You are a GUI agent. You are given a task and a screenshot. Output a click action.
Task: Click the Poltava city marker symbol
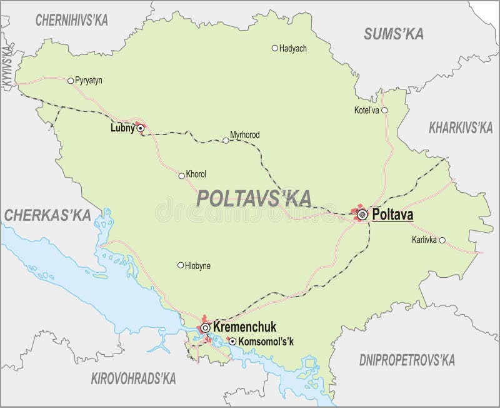(x=362, y=215)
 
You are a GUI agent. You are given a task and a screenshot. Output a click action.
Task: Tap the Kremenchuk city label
(x=244, y=327)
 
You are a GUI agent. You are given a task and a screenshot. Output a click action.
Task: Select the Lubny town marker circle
(x=141, y=128)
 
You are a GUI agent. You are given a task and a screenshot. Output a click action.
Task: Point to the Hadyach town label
(x=293, y=48)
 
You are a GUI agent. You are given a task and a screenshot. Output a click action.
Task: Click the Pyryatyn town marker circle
(x=70, y=80)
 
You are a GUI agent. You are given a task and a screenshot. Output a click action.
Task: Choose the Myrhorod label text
(x=245, y=135)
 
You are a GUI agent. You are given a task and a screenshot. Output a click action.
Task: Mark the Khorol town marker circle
(x=181, y=175)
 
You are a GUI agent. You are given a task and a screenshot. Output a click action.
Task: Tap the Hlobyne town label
(x=198, y=265)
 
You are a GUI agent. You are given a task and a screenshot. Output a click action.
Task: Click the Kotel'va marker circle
(x=384, y=110)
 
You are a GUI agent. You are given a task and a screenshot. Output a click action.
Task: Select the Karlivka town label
(x=424, y=240)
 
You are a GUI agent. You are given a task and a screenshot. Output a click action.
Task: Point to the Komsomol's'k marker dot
(x=232, y=342)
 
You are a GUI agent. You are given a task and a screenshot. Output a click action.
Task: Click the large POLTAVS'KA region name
(x=254, y=198)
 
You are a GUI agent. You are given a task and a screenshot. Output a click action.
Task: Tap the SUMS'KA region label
(x=394, y=34)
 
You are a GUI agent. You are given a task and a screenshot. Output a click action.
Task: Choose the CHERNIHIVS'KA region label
(x=72, y=19)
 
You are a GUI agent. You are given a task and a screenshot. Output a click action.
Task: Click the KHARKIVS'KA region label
(x=461, y=129)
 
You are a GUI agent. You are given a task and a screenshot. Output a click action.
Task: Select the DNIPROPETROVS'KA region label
(x=407, y=360)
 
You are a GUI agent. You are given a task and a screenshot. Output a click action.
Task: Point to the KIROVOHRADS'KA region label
(x=133, y=379)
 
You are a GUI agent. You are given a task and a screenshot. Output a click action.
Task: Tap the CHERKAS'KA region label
(x=47, y=215)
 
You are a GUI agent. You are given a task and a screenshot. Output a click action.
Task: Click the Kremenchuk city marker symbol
(x=205, y=327)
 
